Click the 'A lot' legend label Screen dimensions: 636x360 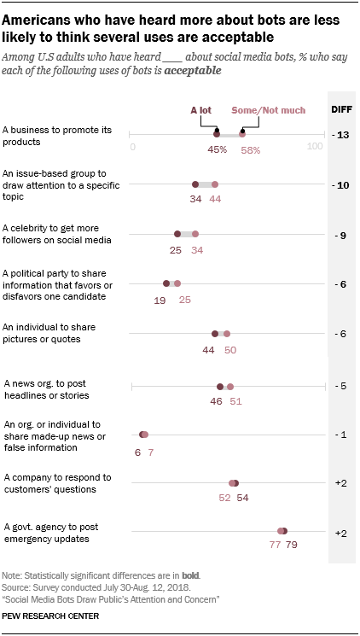[202, 110]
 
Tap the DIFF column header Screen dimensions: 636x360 [341, 109]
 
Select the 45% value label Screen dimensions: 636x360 [217, 149]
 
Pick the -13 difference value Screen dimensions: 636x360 [341, 135]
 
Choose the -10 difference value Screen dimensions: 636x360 [341, 184]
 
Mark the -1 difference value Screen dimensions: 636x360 [341, 435]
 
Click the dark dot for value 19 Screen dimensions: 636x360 [166, 283]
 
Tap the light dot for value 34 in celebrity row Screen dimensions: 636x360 [195, 233]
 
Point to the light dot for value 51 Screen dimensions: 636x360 [230, 386]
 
